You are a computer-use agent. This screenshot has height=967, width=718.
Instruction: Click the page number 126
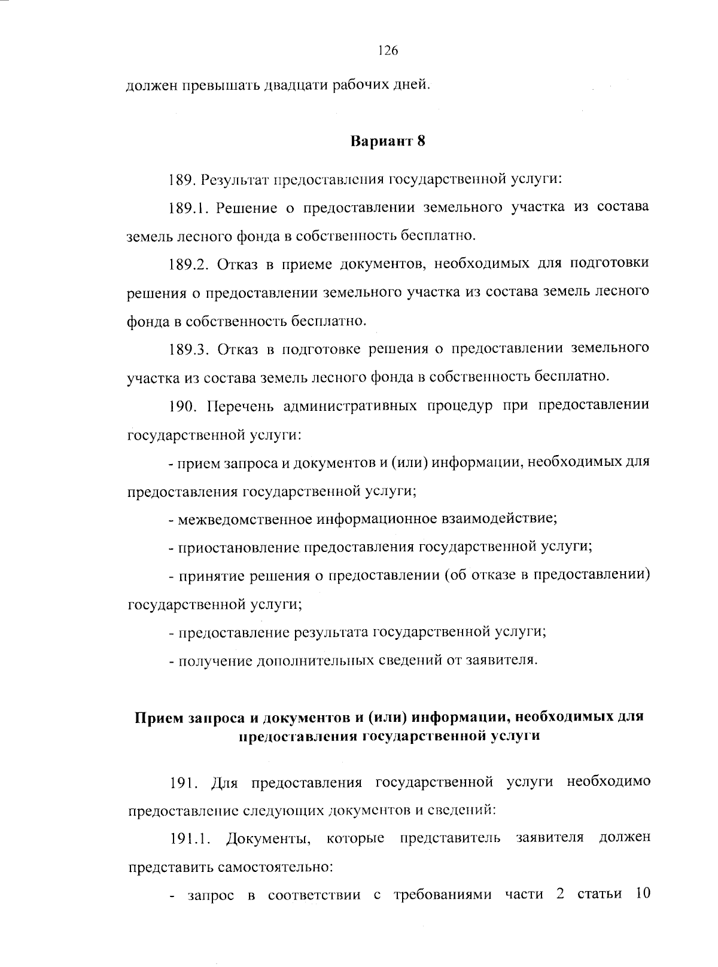click(388, 51)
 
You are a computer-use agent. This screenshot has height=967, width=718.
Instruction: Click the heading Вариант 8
click(387, 142)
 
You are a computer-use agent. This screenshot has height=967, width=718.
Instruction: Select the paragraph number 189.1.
click(188, 208)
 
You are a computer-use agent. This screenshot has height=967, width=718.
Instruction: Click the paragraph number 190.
click(183, 406)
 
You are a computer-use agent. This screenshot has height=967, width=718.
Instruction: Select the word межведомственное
click(245, 518)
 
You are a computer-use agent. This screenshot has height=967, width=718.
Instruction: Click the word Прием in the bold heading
click(154, 717)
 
